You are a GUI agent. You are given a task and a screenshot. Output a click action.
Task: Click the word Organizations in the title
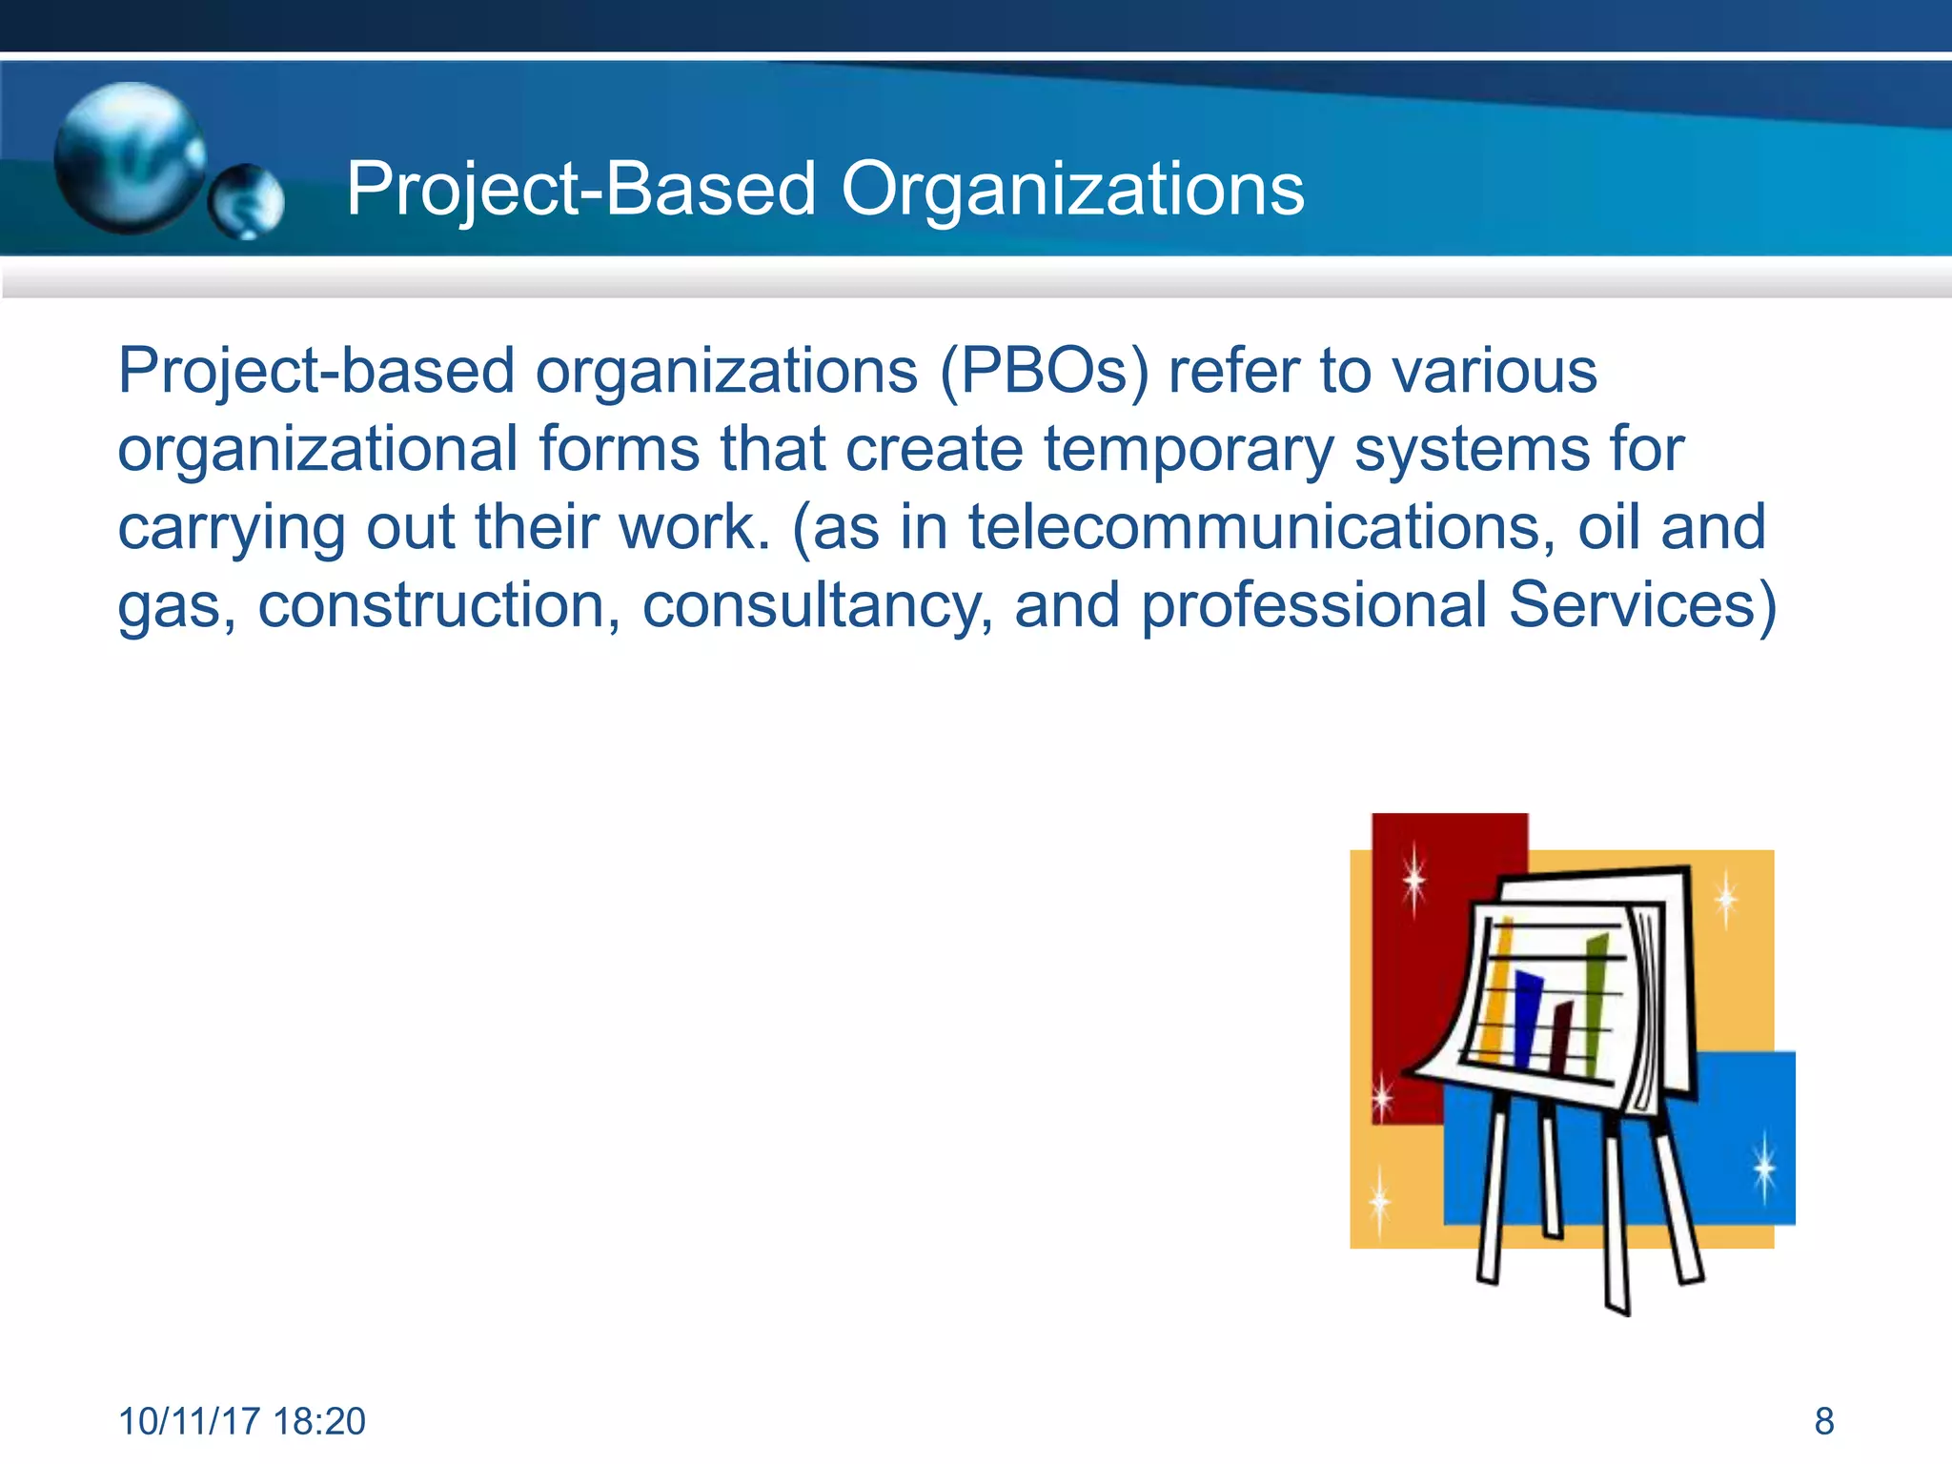(1072, 190)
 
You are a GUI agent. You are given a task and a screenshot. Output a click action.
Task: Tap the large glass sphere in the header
(129, 157)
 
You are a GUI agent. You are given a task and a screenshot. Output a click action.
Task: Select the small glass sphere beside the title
(246, 201)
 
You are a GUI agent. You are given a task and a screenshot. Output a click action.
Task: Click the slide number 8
(1823, 1421)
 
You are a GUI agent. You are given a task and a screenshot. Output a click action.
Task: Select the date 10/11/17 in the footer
(189, 1421)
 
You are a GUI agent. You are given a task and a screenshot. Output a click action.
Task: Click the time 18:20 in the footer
(318, 1421)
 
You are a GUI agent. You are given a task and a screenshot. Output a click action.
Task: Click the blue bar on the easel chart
(1527, 1020)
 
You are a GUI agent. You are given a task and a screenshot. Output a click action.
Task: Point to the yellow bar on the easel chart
(1499, 991)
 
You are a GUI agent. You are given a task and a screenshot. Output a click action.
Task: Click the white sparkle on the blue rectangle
(1764, 1167)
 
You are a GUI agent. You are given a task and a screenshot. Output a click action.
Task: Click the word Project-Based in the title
(580, 190)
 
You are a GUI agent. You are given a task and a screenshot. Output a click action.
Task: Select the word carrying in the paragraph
(231, 527)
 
